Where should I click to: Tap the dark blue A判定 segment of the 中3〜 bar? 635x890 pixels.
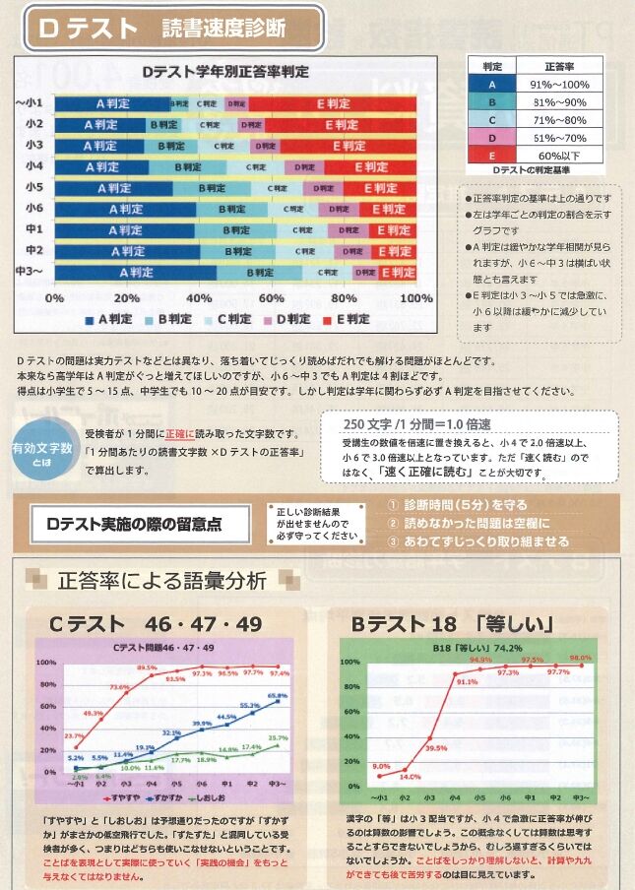pyautogui.click(x=135, y=273)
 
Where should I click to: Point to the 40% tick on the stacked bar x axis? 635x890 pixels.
pyautogui.click(x=199, y=297)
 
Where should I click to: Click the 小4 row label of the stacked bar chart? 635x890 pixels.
pyautogui.click(x=33, y=166)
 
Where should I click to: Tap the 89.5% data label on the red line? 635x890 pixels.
pyautogui.click(x=147, y=668)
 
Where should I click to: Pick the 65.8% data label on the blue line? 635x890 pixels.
pyautogui.click(x=278, y=696)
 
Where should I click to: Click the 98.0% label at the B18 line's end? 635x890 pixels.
pyautogui.click(x=580, y=657)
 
